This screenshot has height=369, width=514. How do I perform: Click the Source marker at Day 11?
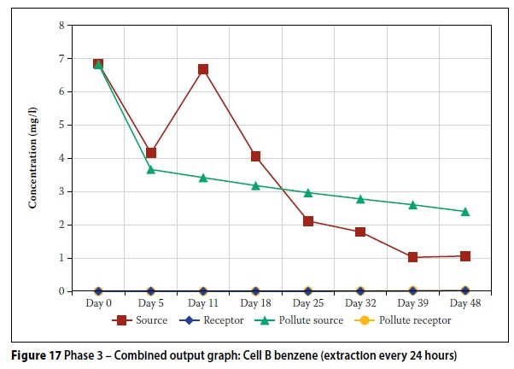click(203, 69)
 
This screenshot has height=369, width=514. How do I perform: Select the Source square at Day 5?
click(151, 153)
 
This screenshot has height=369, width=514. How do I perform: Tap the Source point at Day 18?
click(255, 156)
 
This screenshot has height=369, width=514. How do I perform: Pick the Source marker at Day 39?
click(413, 257)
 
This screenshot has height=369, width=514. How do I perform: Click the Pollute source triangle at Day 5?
click(151, 169)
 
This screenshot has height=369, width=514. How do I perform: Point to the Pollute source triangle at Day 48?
click(465, 211)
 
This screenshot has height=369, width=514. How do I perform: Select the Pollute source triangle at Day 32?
click(360, 199)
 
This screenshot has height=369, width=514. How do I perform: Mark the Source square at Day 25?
click(308, 221)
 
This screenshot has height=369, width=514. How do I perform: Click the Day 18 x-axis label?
click(255, 303)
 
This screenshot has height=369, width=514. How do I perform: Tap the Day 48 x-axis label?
click(465, 303)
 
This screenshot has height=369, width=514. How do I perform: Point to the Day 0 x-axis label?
click(98, 303)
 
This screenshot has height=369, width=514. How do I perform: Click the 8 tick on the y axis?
click(61, 26)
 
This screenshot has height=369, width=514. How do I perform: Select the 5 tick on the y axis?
click(61, 126)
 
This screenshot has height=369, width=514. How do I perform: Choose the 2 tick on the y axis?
click(61, 225)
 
